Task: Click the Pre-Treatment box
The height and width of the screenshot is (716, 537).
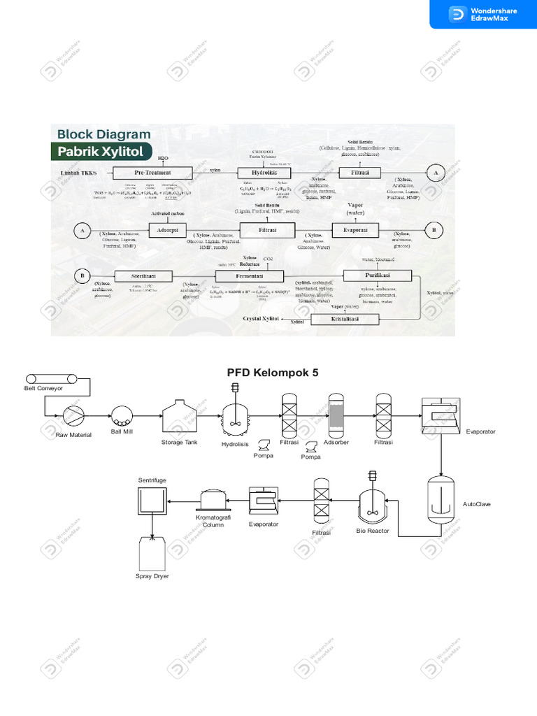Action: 143,173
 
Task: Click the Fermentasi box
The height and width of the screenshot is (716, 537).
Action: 243,276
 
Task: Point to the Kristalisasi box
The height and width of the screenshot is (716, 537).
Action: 345,319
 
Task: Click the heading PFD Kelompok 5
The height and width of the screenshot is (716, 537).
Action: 273,373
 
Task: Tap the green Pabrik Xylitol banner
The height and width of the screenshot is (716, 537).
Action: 99,151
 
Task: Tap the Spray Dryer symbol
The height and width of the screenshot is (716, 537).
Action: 152,554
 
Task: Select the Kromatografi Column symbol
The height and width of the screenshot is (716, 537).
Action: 214,500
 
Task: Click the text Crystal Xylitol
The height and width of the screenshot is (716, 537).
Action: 260,319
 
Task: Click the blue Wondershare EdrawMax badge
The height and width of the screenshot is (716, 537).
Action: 482,14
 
